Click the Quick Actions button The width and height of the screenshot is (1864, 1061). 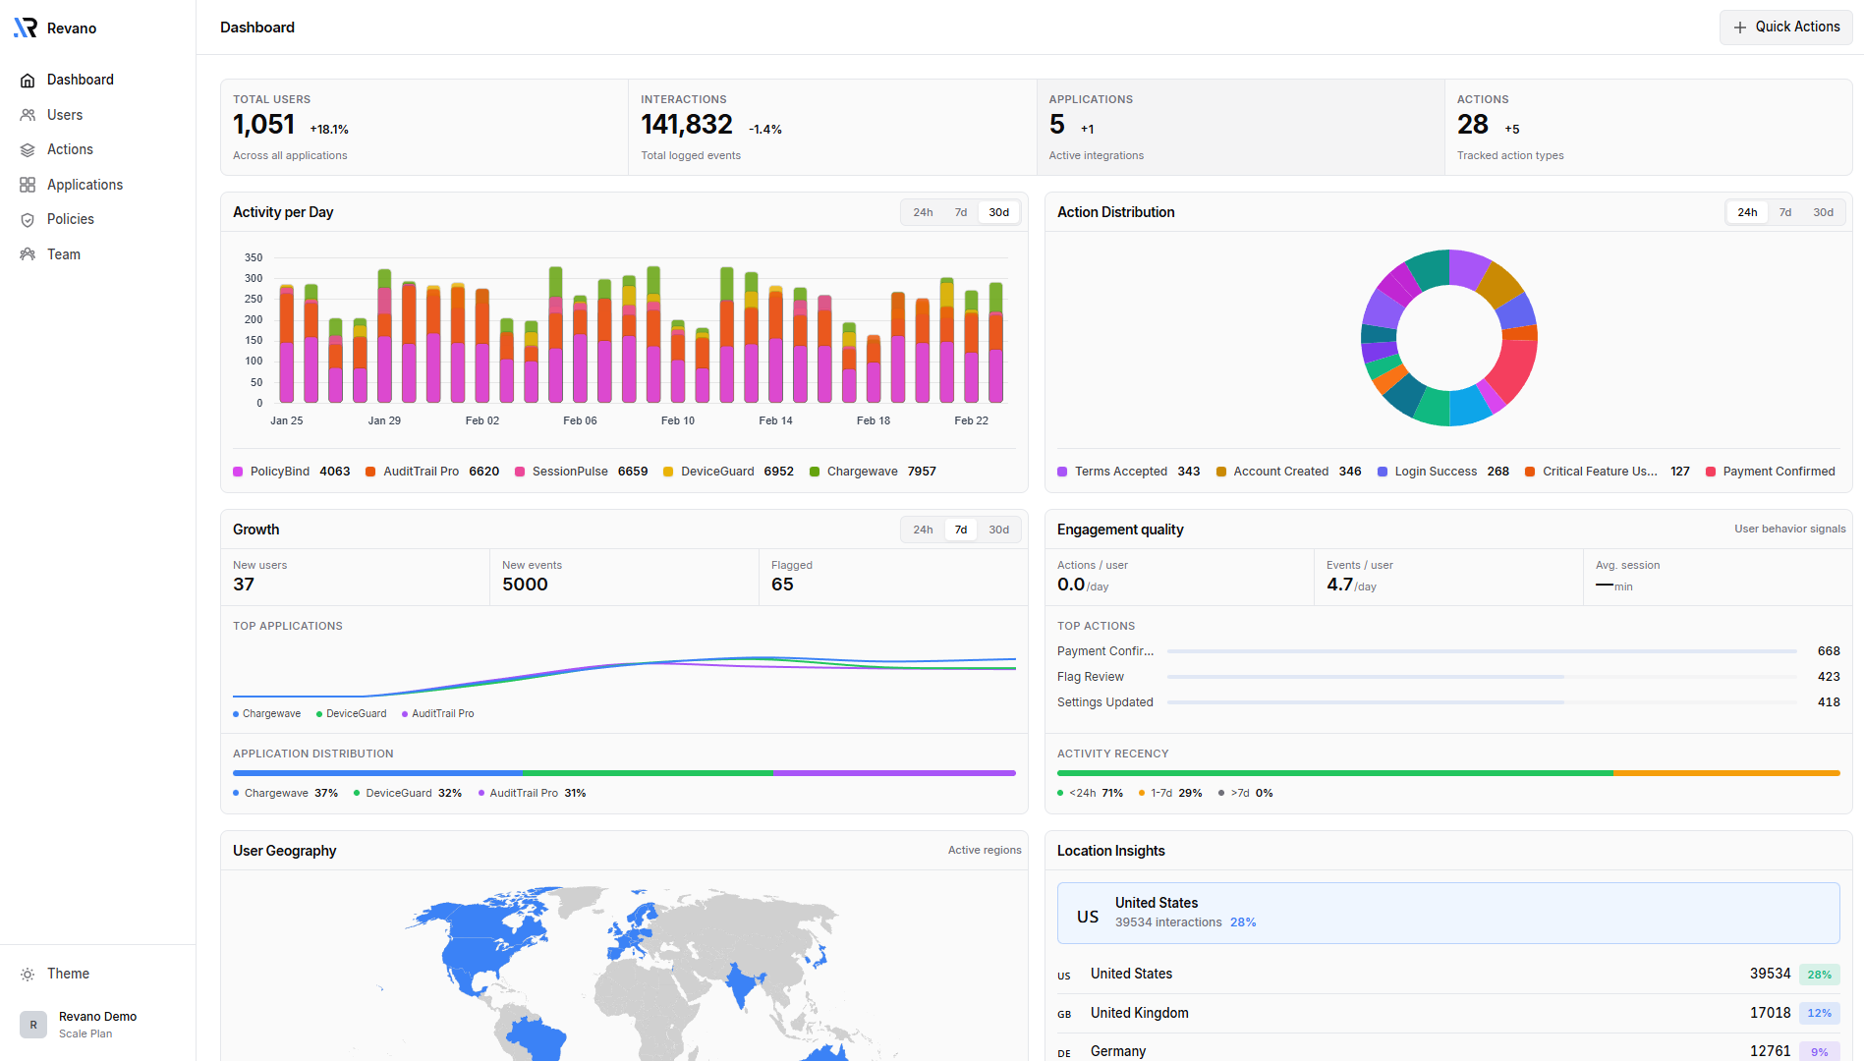pyautogui.click(x=1785, y=28)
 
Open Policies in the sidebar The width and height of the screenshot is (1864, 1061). pyautogui.click(x=70, y=219)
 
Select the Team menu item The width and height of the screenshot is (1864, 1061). pyautogui.click(x=63, y=254)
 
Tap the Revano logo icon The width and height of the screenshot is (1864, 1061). pyautogui.click(x=26, y=28)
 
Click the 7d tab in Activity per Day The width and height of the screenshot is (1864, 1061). pyautogui.click(x=960, y=212)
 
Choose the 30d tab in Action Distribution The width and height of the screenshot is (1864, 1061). pyautogui.click(x=1823, y=212)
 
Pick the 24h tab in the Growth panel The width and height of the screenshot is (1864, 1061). pyautogui.click(x=922, y=530)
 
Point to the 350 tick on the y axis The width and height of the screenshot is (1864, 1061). pyautogui.click(x=254, y=257)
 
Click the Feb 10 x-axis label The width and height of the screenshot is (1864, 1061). pyautogui.click(x=677, y=420)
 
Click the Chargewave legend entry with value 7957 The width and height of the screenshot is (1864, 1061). pyautogui.click(x=873, y=472)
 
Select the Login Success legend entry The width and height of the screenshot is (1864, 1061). pyautogui.click(x=1442, y=472)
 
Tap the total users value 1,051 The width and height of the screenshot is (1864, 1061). pyautogui.click(x=263, y=125)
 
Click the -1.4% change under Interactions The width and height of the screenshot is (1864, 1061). pyautogui.click(x=764, y=130)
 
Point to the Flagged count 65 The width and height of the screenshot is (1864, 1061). pyautogui.click(x=782, y=585)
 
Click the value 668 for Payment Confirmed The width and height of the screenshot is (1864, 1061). pyautogui.click(x=1828, y=651)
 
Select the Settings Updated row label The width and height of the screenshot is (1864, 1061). pyautogui.click(x=1104, y=702)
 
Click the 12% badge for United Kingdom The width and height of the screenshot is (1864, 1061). pyautogui.click(x=1819, y=1013)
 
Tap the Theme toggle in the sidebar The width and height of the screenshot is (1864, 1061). pyautogui.click(x=68, y=974)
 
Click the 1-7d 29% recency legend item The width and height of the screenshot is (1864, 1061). pyautogui.click(x=1170, y=793)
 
